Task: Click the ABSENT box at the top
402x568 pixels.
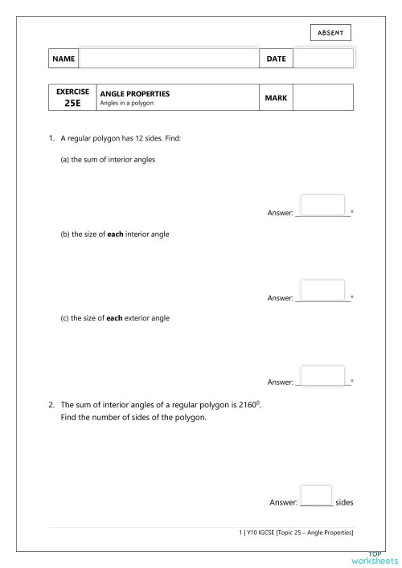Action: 330,32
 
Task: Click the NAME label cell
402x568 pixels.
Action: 64,59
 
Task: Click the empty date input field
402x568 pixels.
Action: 323,59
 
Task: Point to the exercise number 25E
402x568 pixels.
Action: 72,104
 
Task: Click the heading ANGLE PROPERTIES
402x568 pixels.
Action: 134,93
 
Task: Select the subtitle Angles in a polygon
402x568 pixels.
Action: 126,104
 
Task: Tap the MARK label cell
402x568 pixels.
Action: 276,98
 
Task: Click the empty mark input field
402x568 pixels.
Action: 323,98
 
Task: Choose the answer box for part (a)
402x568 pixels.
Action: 322,204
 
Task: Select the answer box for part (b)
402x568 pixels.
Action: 322,289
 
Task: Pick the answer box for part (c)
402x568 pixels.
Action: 322,374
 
